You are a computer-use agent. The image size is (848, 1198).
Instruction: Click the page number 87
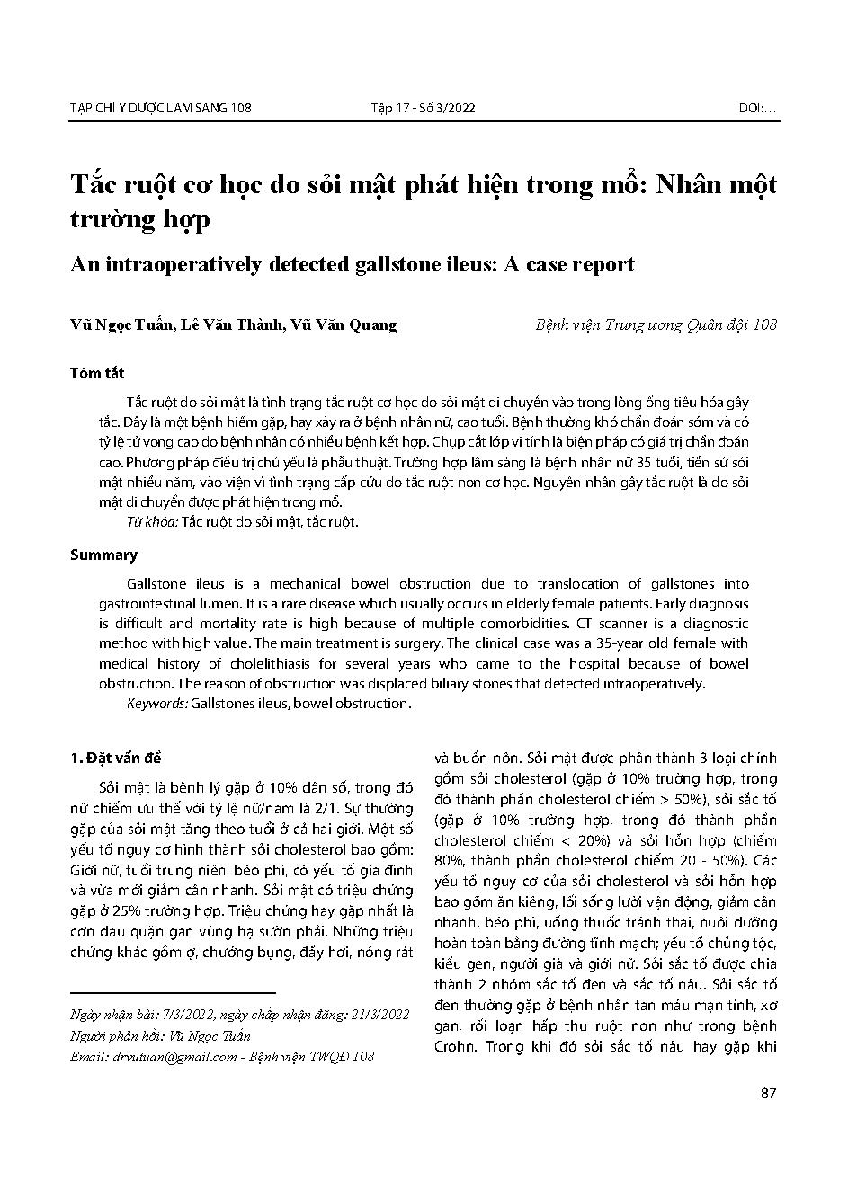point(768,1094)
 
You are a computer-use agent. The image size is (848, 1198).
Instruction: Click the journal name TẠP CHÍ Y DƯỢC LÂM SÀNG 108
point(160,109)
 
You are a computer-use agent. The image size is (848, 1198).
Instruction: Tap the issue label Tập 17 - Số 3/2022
point(423,109)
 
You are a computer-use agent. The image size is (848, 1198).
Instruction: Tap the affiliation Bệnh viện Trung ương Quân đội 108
point(656,325)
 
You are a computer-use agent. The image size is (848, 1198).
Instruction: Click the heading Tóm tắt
point(97,373)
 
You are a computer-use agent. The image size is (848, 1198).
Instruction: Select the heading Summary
point(103,555)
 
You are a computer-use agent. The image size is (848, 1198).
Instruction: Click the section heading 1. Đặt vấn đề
point(116,759)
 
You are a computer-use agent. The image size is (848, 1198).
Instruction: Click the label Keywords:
point(157,704)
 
